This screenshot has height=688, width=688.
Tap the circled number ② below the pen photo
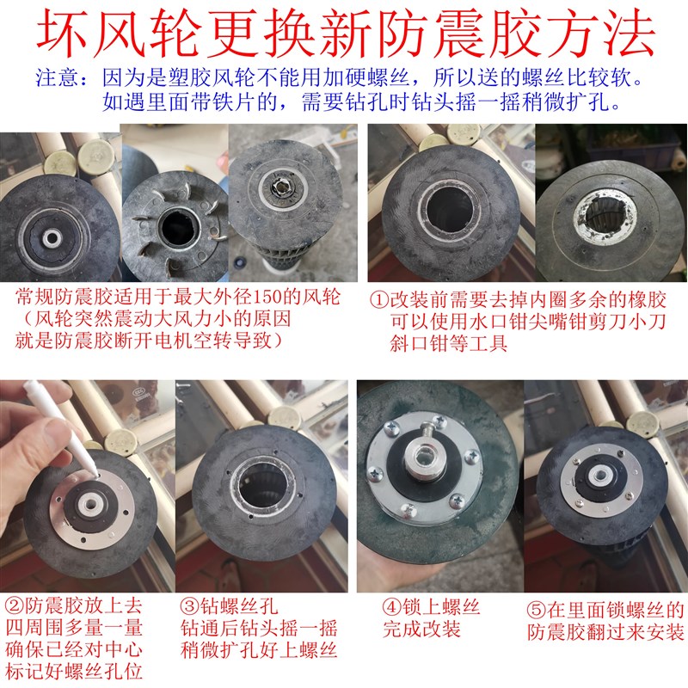[x=15, y=607]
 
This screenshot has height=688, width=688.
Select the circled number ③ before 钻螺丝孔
[x=190, y=607]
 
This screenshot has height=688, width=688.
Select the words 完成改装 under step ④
[x=421, y=630]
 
